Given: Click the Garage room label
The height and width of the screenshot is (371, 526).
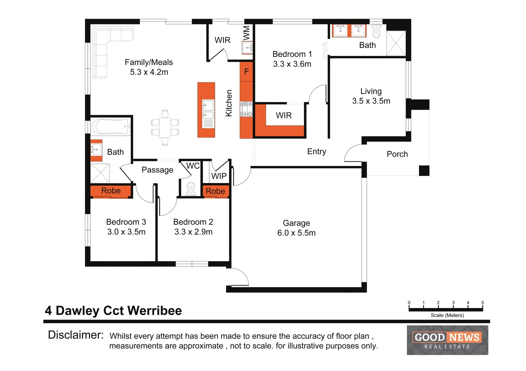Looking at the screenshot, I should (x=296, y=223).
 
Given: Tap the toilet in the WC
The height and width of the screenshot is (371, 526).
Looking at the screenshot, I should (x=191, y=189).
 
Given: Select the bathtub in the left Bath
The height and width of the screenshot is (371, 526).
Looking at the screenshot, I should (x=111, y=127).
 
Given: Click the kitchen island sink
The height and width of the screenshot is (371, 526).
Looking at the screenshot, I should (x=208, y=109).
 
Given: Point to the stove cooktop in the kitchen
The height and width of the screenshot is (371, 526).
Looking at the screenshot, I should (x=246, y=109).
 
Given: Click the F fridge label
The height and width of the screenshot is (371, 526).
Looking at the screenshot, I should (x=246, y=72).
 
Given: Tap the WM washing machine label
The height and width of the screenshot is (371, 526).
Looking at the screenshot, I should (x=247, y=33).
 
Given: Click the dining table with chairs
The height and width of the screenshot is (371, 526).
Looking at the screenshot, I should (x=165, y=127).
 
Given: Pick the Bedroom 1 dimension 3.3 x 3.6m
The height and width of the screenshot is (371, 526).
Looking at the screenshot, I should (x=292, y=64).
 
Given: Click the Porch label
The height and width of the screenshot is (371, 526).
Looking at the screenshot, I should (x=397, y=154).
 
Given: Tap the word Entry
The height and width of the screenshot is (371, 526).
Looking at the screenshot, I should (x=316, y=151).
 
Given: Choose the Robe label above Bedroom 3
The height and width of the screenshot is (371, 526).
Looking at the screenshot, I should (x=111, y=191).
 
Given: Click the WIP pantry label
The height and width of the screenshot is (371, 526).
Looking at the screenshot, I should (x=219, y=176).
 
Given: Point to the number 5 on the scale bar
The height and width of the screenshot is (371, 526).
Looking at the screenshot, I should (x=482, y=303).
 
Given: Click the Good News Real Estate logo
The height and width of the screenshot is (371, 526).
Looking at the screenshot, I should (x=447, y=340).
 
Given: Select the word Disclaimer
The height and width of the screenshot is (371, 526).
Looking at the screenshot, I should (x=76, y=335).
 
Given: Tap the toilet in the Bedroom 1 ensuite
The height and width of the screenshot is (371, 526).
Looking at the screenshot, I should (x=376, y=32).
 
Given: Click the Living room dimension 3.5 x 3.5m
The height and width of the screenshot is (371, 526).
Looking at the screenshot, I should (x=371, y=101).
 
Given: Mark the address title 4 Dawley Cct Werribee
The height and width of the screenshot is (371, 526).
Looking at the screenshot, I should (x=113, y=311).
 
